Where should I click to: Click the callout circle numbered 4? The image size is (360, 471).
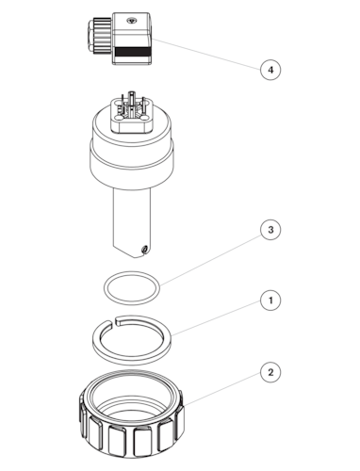point(270,70)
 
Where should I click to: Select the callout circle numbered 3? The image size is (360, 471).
point(270,230)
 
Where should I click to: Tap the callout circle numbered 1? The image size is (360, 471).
point(270,300)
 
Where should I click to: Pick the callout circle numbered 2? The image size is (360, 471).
point(270,372)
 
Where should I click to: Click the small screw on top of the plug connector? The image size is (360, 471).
point(131,21)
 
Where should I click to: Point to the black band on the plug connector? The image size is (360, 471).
point(132,52)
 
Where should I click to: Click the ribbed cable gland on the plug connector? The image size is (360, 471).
point(100,36)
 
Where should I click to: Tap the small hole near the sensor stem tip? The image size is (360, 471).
point(144,249)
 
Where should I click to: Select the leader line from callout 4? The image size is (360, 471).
point(207,54)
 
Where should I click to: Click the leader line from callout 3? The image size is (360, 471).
point(211,260)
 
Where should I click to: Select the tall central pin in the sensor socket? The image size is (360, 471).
point(131,101)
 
